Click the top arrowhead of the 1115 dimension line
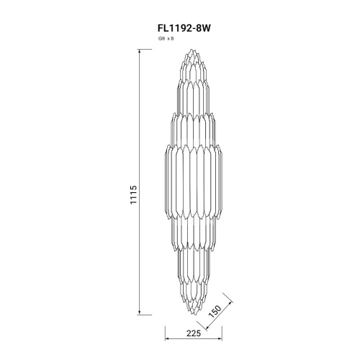pos(139,51)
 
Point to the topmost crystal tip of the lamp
pos(192,49)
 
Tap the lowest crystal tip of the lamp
pos(192,315)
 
